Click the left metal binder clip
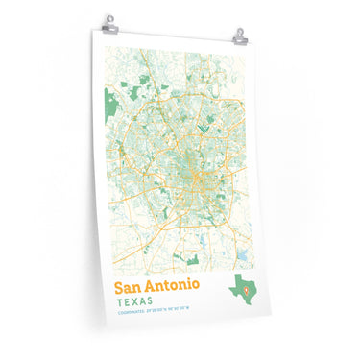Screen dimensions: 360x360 pos(109,20)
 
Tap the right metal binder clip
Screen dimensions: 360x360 pos(238,35)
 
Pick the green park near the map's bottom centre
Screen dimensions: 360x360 pos(193,260)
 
